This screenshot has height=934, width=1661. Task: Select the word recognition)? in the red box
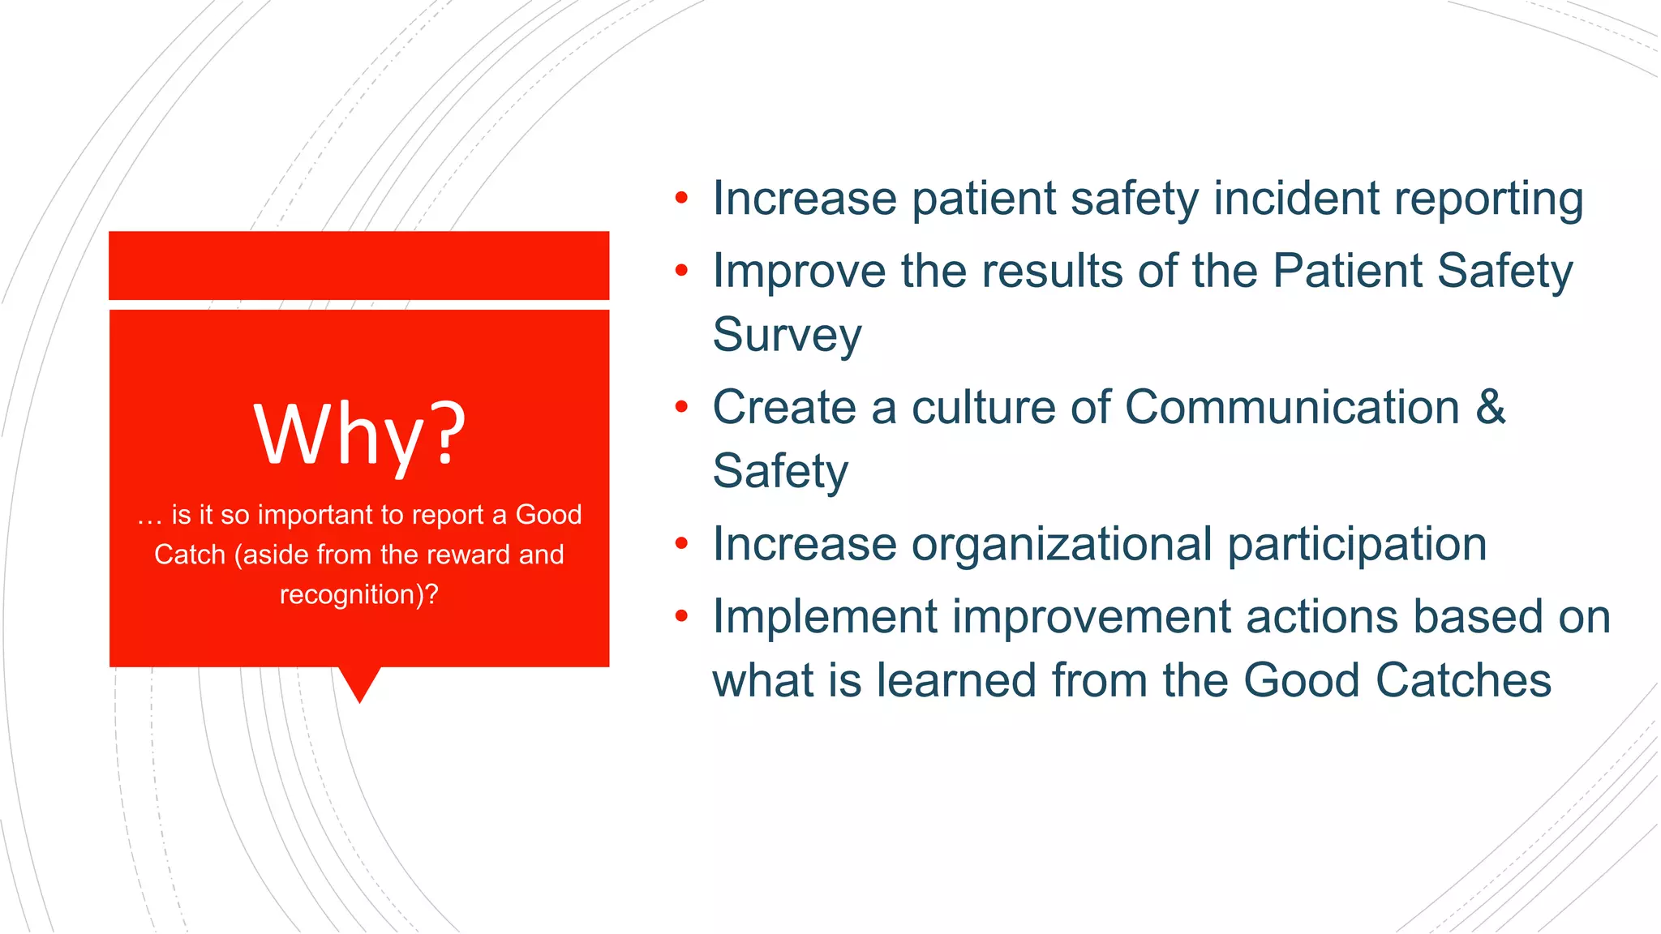coord(359,594)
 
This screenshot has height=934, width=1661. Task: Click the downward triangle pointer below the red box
coord(359,683)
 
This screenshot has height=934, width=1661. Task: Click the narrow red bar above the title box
coord(359,265)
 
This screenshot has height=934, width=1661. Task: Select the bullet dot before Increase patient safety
coord(681,198)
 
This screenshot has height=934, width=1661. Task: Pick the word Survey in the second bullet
coord(787,336)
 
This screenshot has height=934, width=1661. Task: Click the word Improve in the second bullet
coord(799,272)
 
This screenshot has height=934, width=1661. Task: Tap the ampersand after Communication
coord(1490,407)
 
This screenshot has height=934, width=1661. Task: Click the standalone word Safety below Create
coord(780,472)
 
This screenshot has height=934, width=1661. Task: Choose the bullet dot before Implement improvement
coord(681,616)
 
